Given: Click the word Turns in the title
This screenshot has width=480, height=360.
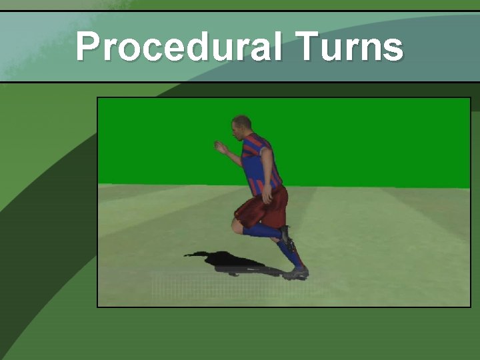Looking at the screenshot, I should [348, 47].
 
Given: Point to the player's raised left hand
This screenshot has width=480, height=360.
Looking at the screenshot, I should [219, 147].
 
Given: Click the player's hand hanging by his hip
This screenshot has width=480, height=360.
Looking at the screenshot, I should [267, 196].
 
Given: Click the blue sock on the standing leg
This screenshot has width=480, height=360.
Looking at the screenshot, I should [289, 252].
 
